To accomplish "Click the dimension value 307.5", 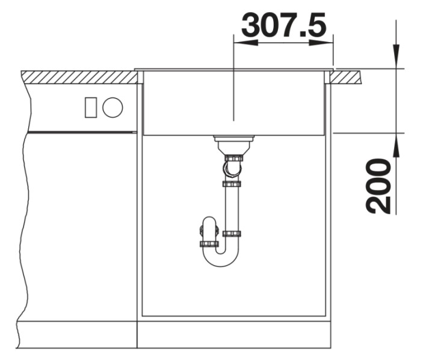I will (x=283, y=25).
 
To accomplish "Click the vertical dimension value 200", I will (x=379, y=186).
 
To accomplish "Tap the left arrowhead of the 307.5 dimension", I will (x=244, y=43).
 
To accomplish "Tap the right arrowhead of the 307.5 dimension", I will (x=322, y=43).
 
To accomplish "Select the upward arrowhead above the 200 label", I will (x=396, y=145).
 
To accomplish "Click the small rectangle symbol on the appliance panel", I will (x=91, y=108).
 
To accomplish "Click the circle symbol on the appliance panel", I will (x=113, y=108).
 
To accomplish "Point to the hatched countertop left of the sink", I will (x=78, y=77).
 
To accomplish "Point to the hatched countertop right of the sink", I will (x=348, y=76).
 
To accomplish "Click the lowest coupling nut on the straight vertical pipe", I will (x=232, y=233).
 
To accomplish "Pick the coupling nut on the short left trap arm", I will (x=209, y=243).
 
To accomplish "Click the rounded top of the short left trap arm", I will (x=209, y=221).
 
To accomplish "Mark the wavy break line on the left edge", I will (x=24, y=228).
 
